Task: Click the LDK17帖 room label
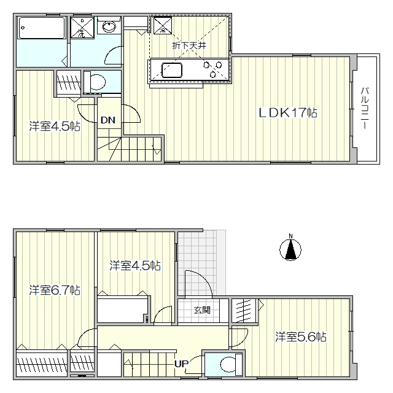[288, 112]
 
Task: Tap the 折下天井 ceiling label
[189, 45]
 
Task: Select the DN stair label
[108, 120]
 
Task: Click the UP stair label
[181, 364]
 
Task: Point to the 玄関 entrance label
[202, 310]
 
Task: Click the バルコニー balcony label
[365, 108]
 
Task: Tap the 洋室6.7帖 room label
[55, 290]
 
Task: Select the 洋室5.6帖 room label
[301, 337]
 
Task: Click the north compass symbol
[290, 249]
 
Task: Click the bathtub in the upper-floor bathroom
[41, 28]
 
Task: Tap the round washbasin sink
[109, 27]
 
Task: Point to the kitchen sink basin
[172, 71]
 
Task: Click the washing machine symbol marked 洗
[82, 27]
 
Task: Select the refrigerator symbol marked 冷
[162, 25]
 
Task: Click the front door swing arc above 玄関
[203, 279]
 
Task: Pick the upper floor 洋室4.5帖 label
[55, 126]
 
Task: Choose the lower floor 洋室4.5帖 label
[135, 266]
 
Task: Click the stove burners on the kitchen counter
[213, 69]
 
